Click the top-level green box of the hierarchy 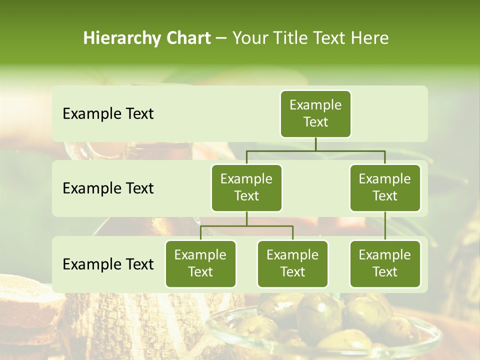(x=315, y=113)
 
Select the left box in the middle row (x=246, y=187)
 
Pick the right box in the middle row (x=385, y=187)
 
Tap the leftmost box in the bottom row (x=200, y=263)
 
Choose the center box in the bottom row (x=292, y=263)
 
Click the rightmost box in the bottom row (x=385, y=263)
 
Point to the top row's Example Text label (x=108, y=114)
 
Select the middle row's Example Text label (x=108, y=188)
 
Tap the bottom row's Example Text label (x=108, y=264)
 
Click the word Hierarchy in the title (x=121, y=38)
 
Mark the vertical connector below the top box (x=315, y=144)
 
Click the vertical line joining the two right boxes (x=385, y=226)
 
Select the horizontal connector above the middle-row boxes (x=315, y=150)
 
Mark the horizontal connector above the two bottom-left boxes (x=246, y=226)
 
